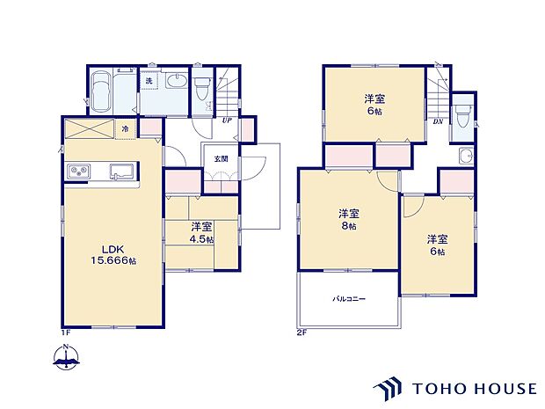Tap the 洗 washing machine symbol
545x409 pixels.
tap(149, 82)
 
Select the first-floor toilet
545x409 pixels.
tap(203, 87)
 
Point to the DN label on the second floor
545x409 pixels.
tap(438, 121)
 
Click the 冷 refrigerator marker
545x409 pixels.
tap(126, 129)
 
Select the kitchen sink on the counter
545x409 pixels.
tap(120, 171)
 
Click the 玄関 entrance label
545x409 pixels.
tap(219, 158)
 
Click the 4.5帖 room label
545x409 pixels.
tap(203, 232)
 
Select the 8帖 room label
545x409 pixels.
tap(349, 220)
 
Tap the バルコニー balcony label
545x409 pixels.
tap(349, 299)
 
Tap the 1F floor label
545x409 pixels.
tap(64, 332)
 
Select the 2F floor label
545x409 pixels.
tap(302, 332)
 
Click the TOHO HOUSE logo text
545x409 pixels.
tap(473, 387)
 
